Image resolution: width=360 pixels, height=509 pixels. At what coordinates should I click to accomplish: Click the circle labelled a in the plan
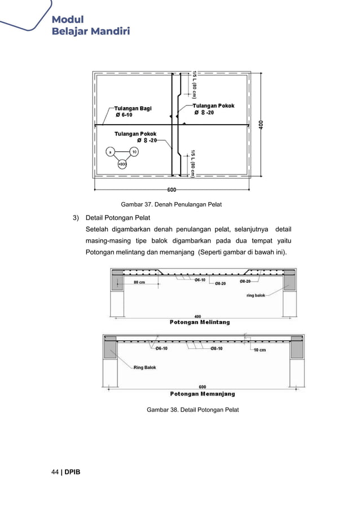[x=109, y=152]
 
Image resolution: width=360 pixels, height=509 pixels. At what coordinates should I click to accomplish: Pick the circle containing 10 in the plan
[x=134, y=152]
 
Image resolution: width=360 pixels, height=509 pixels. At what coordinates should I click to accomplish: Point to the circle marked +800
[x=122, y=165]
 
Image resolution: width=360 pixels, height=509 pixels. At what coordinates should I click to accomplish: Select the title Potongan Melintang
[x=200, y=322]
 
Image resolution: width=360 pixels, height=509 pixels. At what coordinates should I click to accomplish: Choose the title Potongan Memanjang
[x=203, y=393]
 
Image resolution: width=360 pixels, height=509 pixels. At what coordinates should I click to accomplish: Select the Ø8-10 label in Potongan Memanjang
[x=219, y=348]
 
